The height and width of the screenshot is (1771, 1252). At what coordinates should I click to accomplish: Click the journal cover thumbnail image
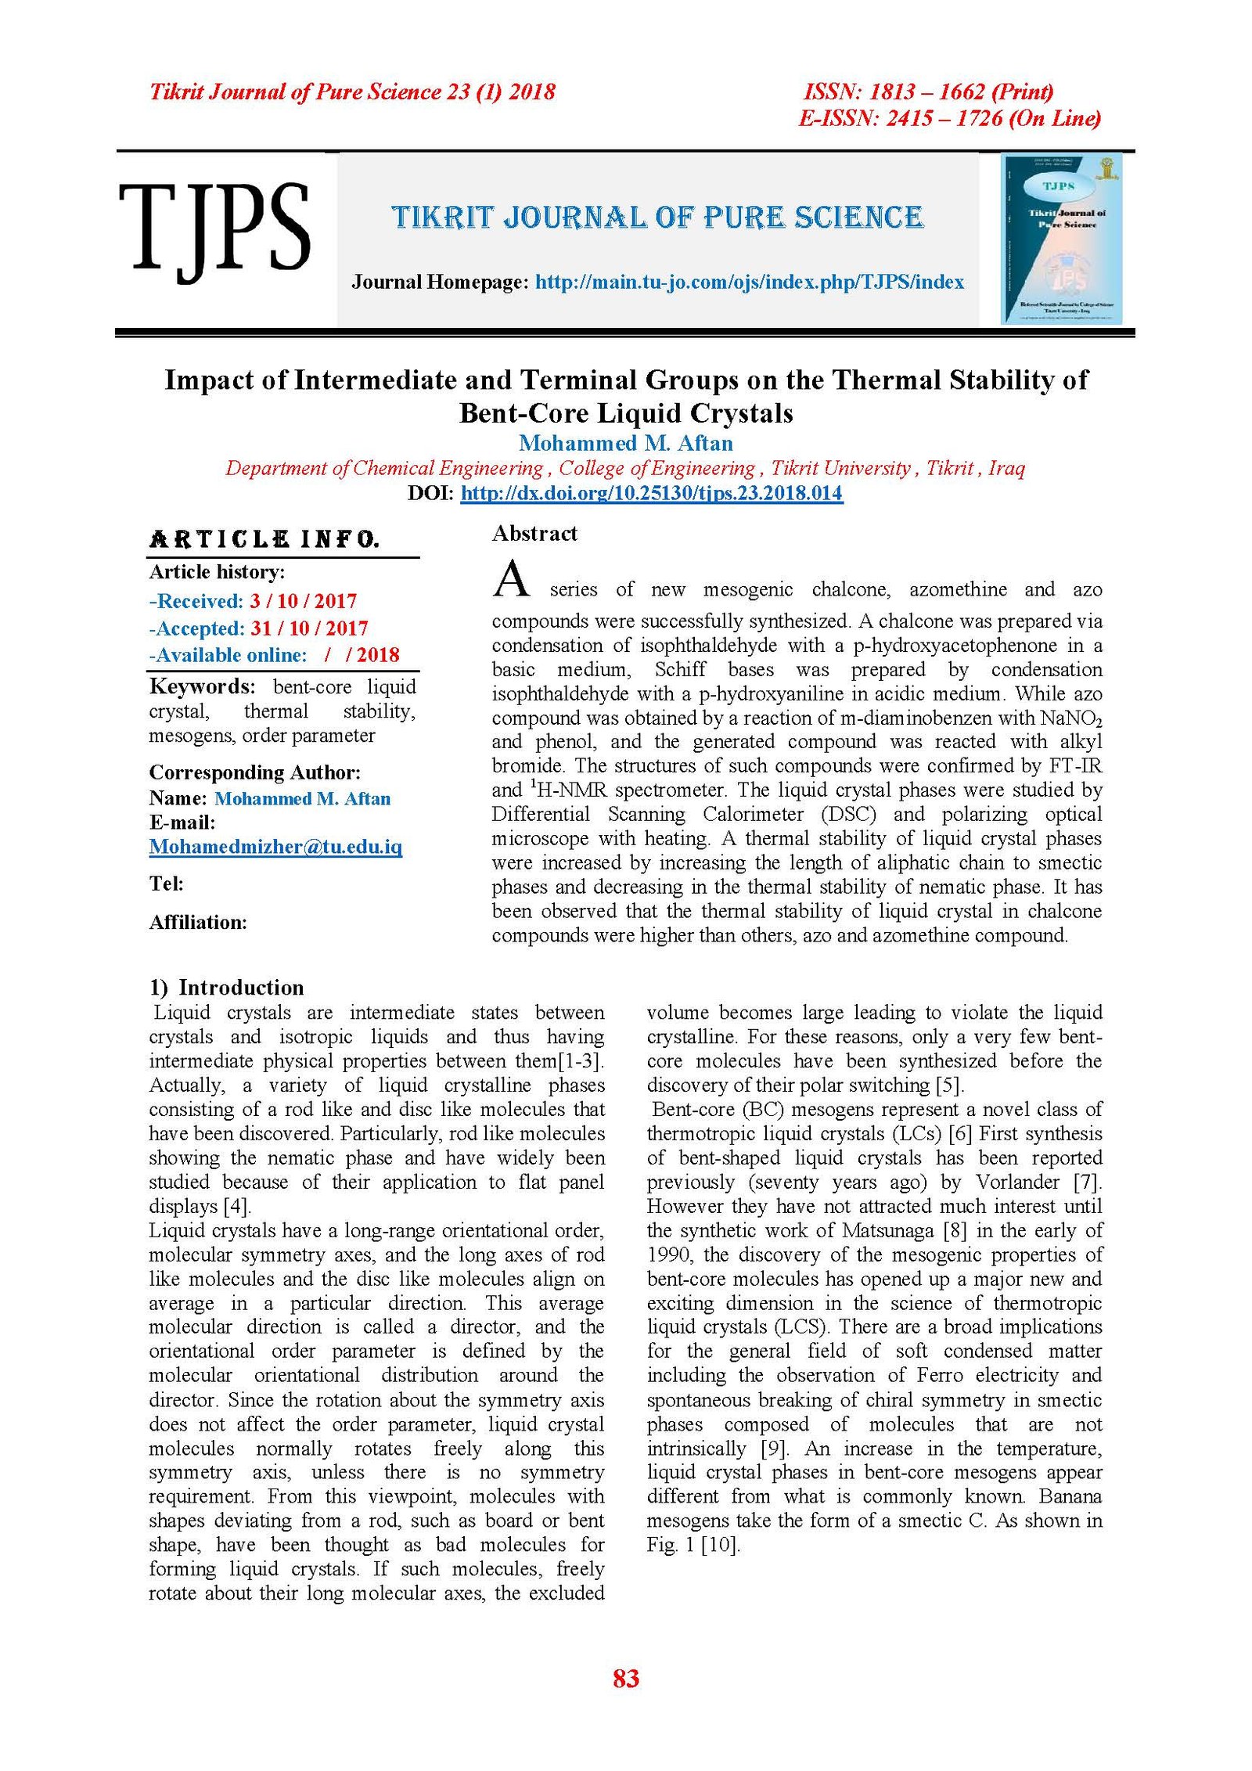click(1062, 239)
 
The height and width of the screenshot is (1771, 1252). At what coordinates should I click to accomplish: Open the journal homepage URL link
click(749, 283)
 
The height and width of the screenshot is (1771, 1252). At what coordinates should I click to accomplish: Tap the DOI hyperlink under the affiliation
click(651, 493)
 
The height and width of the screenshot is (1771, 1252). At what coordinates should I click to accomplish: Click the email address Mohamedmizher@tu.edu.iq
click(275, 847)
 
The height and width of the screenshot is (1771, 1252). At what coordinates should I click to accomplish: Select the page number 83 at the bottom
click(626, 1678)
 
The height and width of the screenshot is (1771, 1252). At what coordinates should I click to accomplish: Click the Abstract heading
click(534, 534)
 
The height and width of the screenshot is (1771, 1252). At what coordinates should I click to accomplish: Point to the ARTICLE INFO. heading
click(264, 539)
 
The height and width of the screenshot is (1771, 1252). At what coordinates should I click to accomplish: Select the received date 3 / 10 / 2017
click(303, 601)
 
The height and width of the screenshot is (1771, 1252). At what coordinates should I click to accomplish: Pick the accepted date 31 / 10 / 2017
click(308, 628)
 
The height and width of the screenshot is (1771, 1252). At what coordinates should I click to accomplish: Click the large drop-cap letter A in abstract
click(512, 579)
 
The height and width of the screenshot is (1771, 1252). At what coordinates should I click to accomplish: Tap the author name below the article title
click(625, 443)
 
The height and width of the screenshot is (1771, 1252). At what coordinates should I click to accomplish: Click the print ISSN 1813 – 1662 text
click(928, 92)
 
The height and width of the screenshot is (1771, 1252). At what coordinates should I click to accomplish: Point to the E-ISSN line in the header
click(949, 118)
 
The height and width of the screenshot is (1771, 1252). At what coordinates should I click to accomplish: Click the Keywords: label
click(202, 687)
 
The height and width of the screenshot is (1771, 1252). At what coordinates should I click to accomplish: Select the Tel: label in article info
click(167, 884)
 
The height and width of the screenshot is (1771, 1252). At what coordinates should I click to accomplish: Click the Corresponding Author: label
click(255, 772)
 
